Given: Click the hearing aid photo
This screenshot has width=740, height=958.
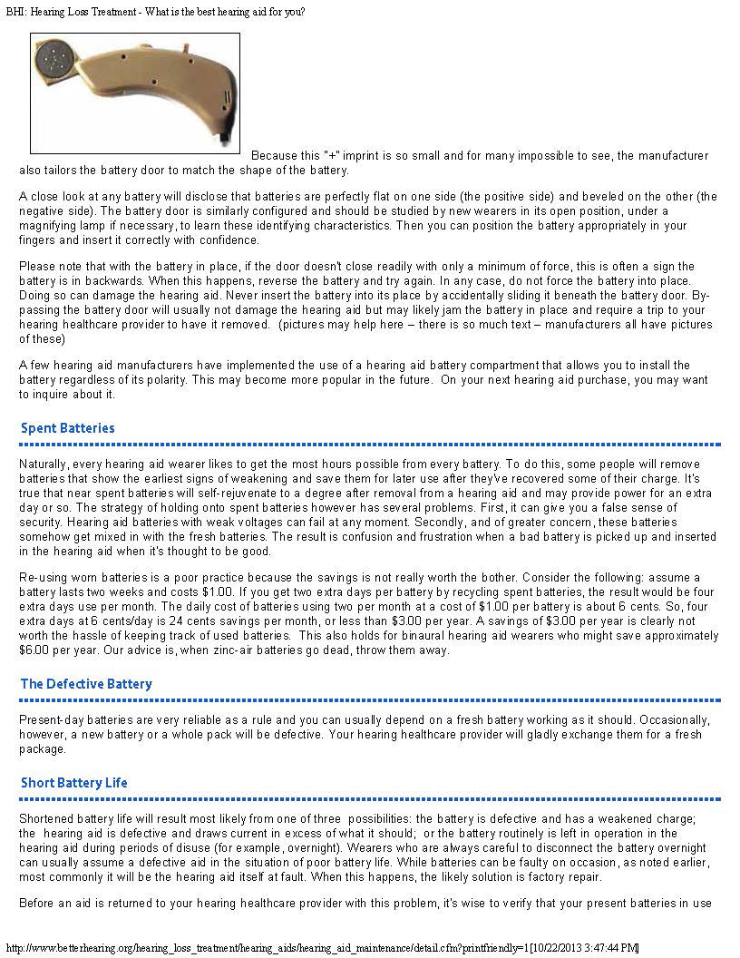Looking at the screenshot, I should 135,93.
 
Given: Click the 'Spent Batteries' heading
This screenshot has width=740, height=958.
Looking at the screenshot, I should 68,428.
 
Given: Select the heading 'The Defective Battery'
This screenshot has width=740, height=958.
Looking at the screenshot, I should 86,684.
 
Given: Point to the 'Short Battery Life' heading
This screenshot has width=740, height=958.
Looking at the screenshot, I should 74,783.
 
